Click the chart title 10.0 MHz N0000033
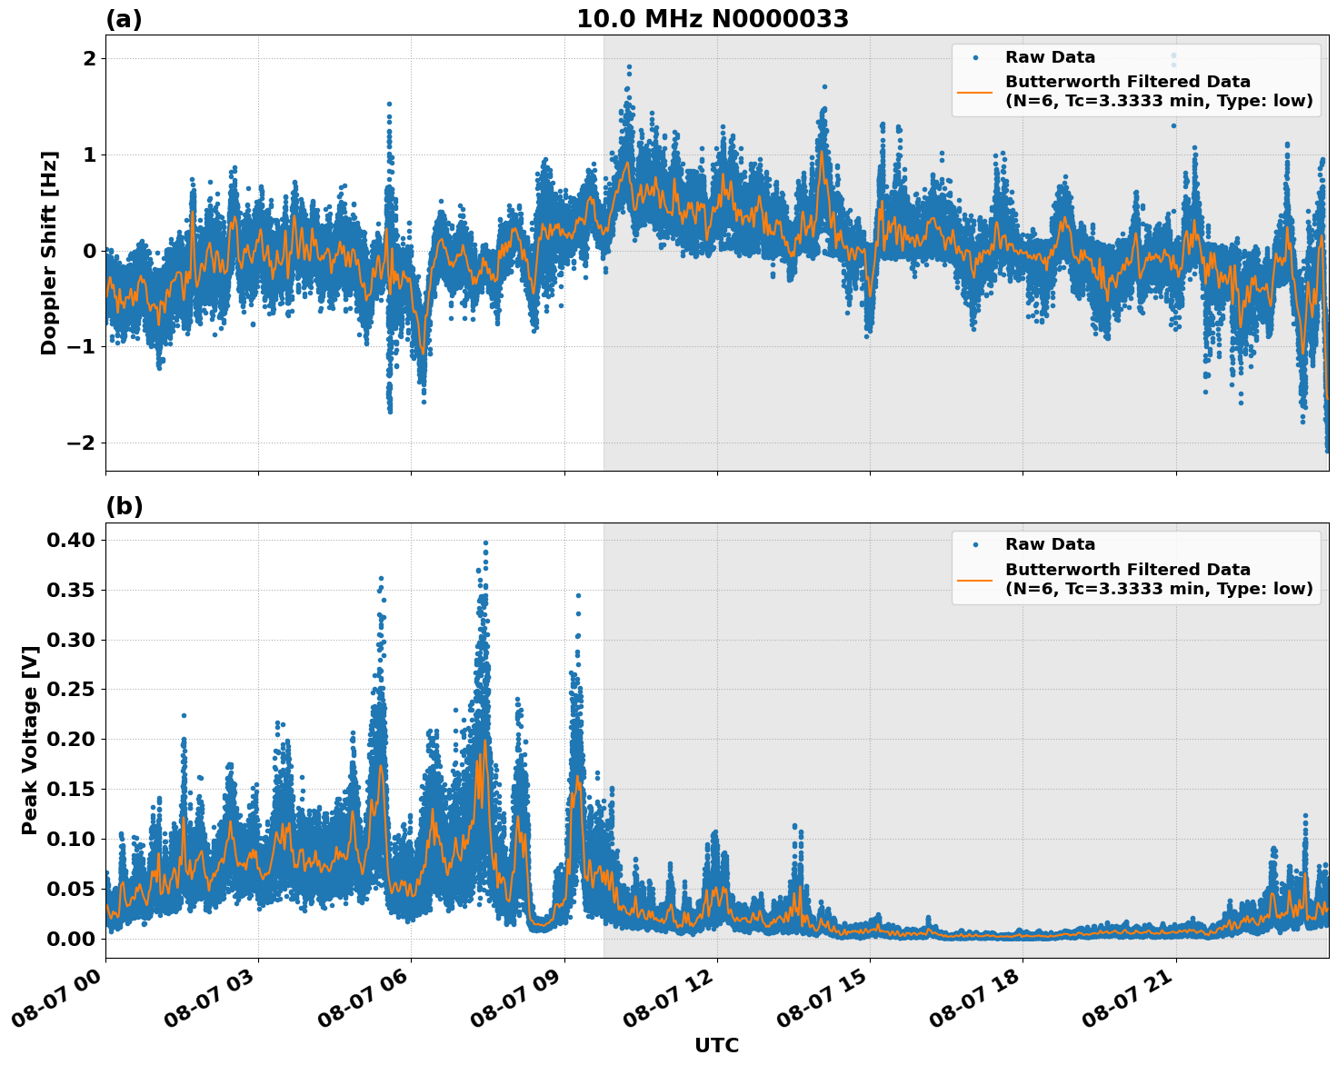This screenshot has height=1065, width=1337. (712, 19)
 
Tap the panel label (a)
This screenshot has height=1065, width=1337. (124, 19)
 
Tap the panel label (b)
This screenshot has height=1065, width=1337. (125, 506)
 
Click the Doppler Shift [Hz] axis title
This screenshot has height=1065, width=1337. (49, 253)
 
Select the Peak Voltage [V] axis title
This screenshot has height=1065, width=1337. (30, 740)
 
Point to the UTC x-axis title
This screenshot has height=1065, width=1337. (716, 1045)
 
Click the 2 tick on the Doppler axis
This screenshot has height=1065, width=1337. (90, 59)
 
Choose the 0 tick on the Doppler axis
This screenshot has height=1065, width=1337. (90, 251)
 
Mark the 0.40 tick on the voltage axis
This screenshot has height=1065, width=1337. (72, 540)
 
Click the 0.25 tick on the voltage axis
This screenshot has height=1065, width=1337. (72, 690)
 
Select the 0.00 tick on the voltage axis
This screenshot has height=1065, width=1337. (72, 939)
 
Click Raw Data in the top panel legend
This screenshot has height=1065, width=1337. (1050, 57)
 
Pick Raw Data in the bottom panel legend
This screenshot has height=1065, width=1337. (1050, 544)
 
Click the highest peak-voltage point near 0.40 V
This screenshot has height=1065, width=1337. (485, 542)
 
